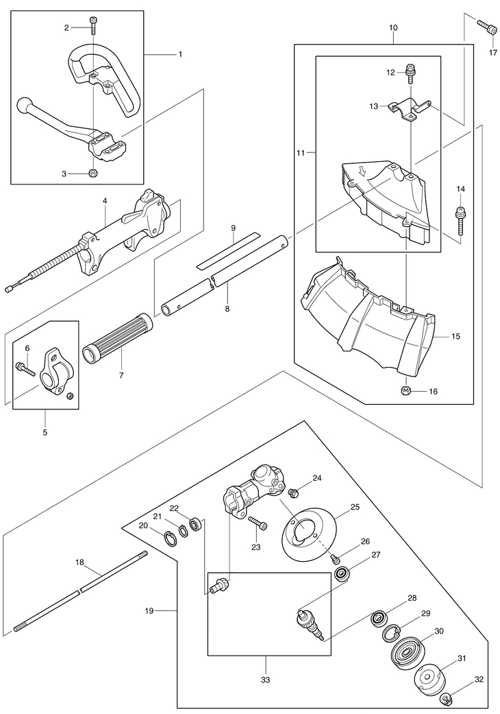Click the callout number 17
point(493,53)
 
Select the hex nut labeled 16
point(405,391)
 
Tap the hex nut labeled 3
point(92,173)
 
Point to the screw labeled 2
point(94,25)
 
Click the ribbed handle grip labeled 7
point(118,335)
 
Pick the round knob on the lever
point(23,104)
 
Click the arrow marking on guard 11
point(362,171)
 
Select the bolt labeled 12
point(410,73)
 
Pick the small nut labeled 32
point(446,697)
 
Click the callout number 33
point(266,680)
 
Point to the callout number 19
point(149,610)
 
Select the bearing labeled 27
point(342,574)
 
